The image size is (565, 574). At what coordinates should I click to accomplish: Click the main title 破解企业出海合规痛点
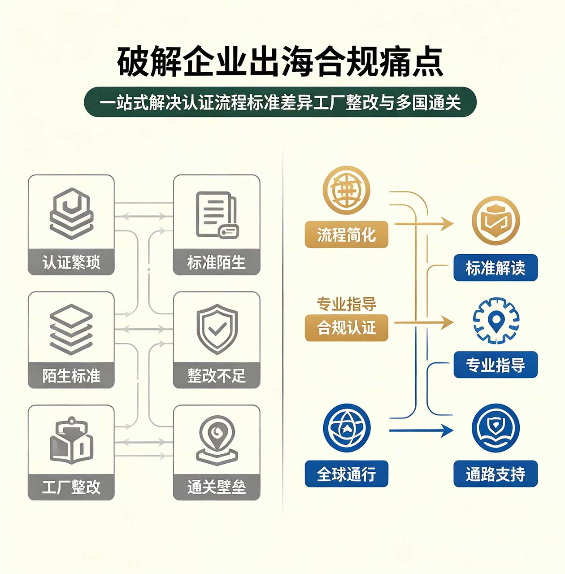[280, 61]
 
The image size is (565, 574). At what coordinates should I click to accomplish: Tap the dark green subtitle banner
[280, 102]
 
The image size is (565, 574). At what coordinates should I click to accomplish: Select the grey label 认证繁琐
[71, 262]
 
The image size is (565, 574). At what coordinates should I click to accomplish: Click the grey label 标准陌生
[217, 262]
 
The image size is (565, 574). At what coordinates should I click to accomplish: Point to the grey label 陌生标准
[71, 375]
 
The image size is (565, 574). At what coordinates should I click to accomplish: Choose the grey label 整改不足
[217, 375]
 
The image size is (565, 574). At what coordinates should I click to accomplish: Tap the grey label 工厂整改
[71, 487]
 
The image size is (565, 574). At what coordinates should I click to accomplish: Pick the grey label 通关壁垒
[217, 487]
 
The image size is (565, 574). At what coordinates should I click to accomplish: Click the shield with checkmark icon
[217, 329]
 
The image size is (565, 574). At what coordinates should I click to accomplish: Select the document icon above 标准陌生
[217, 215]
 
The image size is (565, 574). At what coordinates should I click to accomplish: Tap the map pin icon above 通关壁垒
[217, 440]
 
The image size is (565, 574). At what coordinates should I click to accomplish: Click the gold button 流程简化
[347, 235]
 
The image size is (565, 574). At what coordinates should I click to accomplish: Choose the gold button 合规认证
[347, 328]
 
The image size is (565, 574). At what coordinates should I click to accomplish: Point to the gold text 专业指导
[347, 304]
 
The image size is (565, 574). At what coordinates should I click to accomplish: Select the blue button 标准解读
[495, 267]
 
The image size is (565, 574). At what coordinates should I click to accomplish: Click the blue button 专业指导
[495, 365]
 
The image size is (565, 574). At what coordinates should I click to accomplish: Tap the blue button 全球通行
[347, 474]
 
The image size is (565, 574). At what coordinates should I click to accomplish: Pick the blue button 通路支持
[495, 474]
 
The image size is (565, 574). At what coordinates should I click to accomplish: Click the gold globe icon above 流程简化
[347, 190]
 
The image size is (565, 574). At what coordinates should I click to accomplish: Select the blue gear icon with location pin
[496, 321]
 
